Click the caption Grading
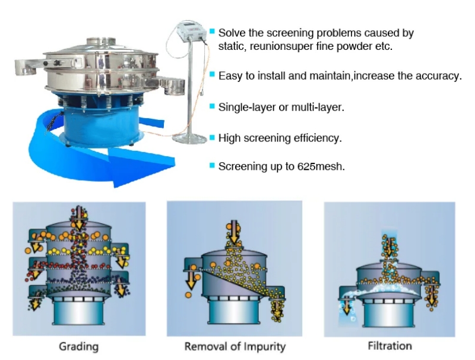pyautogui.click(x=79, y=346)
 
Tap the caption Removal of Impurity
pyautogui.click(x=235, y=346)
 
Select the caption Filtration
pyautogui.click(x=390, y=346)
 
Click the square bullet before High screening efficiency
pyautogui.click(x=212, y=138)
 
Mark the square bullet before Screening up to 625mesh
pyautogui.click(x=212, y=166)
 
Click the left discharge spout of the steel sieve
pyautogui.click(x=26, y=67)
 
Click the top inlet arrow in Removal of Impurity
pyautogui.click(x=234, y=232)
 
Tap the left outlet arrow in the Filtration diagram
pyautogui.click(x=347, y=306)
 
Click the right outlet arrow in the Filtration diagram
pyautogui.click(x=431, y=295)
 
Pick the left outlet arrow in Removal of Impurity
pyautogui.click(x=191, y=280)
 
